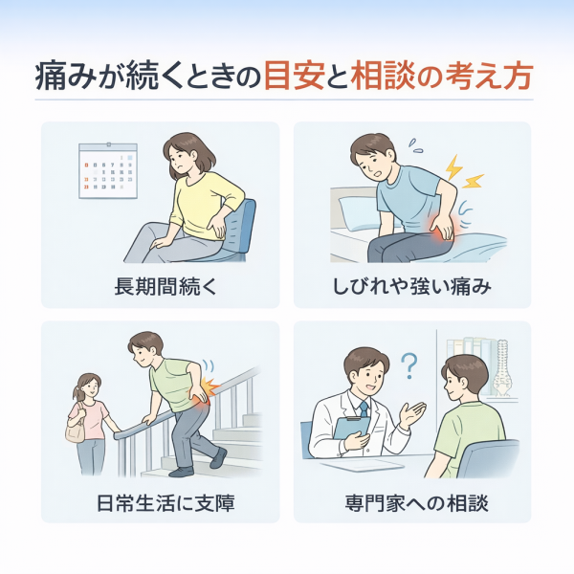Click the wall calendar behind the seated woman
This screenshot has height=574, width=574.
click(108, 170)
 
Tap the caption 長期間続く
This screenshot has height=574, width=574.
click(166, 286)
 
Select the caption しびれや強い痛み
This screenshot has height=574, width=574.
click(411, 286)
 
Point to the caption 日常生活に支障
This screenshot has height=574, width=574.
click(166, 503)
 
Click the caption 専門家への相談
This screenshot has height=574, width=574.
click(416, 503)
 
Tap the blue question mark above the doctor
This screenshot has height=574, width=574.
click(409, 365)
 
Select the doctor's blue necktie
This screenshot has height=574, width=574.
click(364, 409)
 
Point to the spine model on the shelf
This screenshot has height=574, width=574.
click(502, 368)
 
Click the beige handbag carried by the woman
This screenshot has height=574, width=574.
click(75, 427)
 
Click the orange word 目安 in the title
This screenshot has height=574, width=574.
click(295, 77)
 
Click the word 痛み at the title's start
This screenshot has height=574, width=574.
click(66, 77)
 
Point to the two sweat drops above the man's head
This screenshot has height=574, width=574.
click(416, 145)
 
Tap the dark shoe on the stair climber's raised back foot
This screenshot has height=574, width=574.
click(218, 457)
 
